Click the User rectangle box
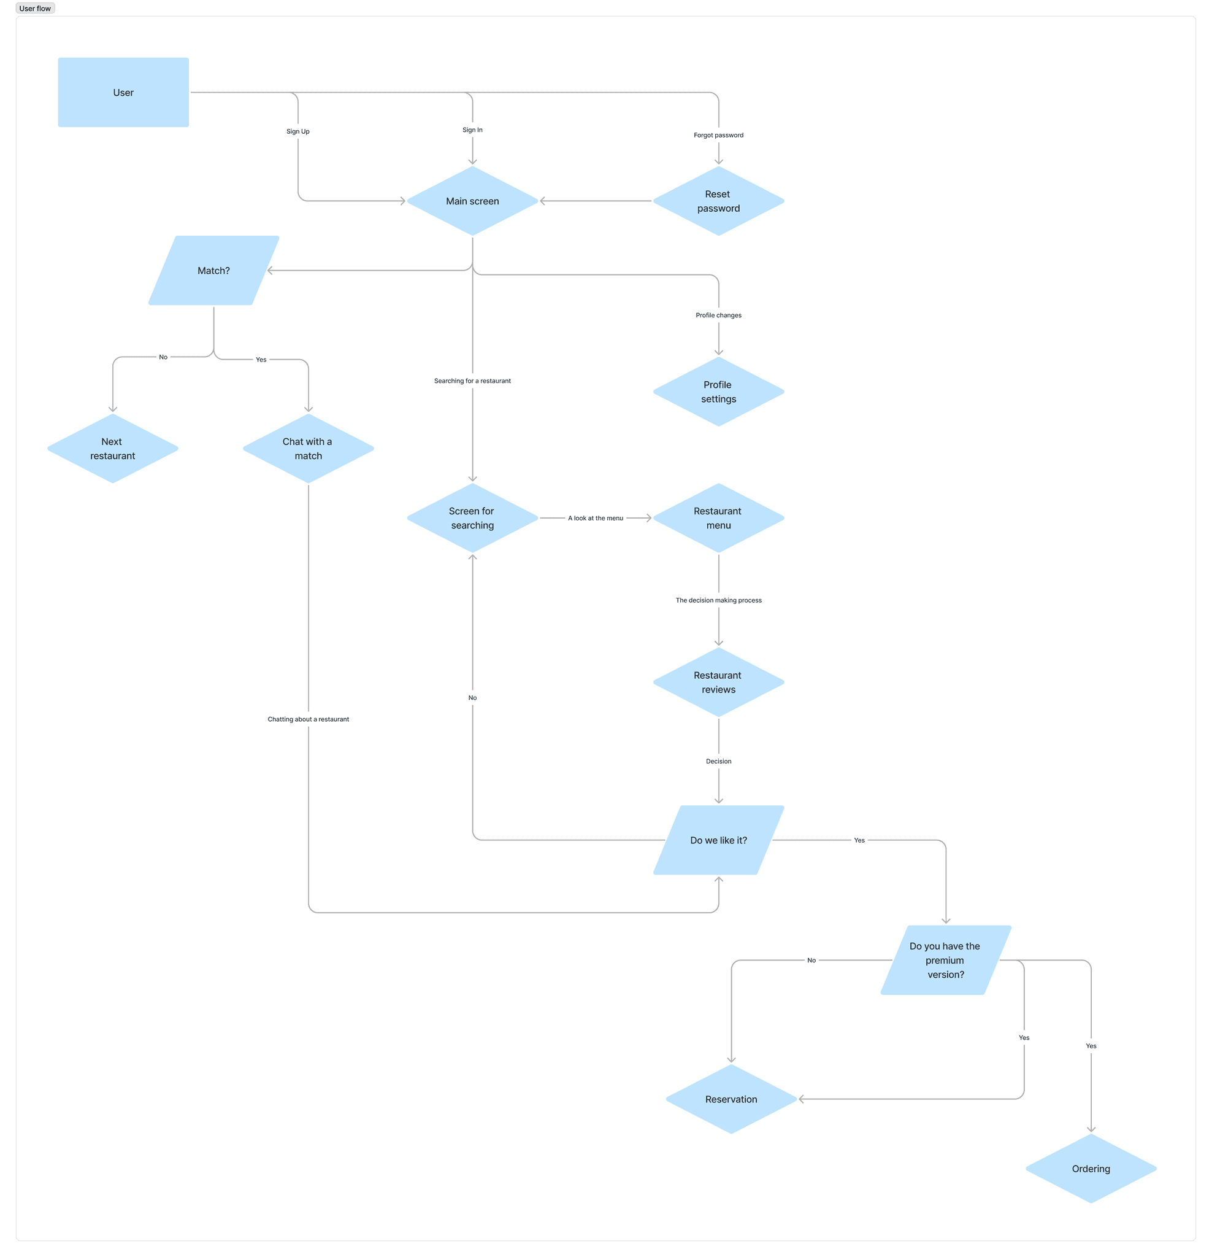coord(123,92)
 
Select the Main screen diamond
coord(472,201)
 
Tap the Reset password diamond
coord(718,201)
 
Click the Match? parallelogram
coord(213,271)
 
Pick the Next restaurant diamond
coord(113,448)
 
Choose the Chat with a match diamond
coord(309,448)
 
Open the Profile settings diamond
coord(718,392)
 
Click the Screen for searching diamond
coord(472,518)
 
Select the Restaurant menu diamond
coord(718,518)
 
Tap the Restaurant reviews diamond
coord(718,683)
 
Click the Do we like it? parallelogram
coord(718,840)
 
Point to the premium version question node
coord(945,960)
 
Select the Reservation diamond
coord(731,1099)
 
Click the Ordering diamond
coord(1091,1169)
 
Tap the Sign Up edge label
coord(298,131)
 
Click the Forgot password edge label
coord(718,135)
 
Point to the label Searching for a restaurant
coord(472,381)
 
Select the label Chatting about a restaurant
coord(309,719)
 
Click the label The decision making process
coord(718,600)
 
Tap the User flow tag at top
coord(35,9)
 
